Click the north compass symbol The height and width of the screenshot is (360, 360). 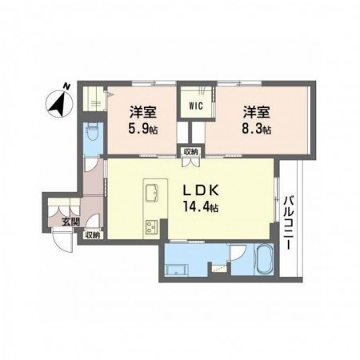(59, 104)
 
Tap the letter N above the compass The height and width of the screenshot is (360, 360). (66, 86)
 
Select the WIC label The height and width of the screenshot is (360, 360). (196, 106)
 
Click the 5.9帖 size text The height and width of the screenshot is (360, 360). (142, 130)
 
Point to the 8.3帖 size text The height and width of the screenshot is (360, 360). (257, 130)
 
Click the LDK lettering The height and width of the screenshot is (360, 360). (201, 190)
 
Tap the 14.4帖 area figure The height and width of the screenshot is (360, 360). (201, 206)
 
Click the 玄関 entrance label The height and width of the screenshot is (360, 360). (70, 222)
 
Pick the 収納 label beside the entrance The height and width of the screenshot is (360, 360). (93, 235)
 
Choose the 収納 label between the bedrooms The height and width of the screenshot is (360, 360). (190, 152)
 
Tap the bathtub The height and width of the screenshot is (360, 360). (264, 259)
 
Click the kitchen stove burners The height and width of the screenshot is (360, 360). (151, 227)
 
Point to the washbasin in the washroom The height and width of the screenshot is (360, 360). (176, 270)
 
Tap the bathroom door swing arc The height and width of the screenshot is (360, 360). (238, 253)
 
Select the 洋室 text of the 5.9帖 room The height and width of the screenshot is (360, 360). (143, 112)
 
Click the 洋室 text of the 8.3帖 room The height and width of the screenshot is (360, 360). (256, 112)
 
